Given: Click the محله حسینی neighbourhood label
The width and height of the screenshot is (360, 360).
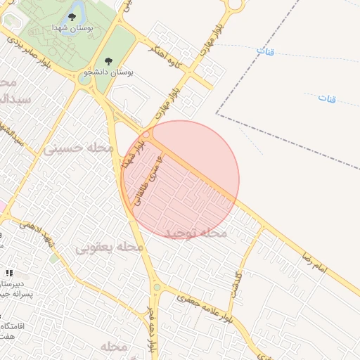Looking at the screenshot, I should (74, 149).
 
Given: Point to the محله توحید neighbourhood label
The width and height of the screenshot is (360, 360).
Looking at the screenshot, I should (196, 233).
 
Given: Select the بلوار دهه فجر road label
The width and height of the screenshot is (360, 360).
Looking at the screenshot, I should (150, 330).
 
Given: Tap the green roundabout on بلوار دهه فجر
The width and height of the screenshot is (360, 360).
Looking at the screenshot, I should (156, 287).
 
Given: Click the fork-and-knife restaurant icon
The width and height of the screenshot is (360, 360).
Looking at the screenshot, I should (9, 272).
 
